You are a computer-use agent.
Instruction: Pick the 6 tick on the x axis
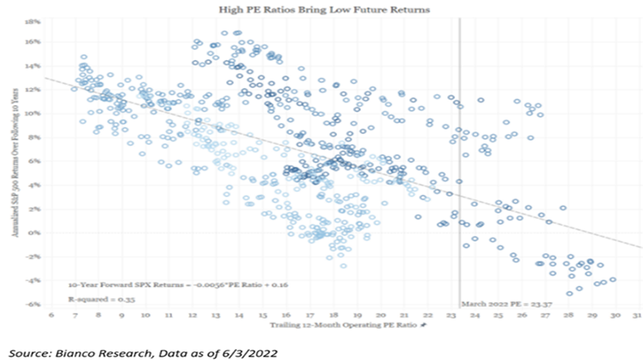[x=52, y=315]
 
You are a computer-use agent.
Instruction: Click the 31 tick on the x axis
[x=635, y=315]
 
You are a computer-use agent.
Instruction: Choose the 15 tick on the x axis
[x=262, y=315]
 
